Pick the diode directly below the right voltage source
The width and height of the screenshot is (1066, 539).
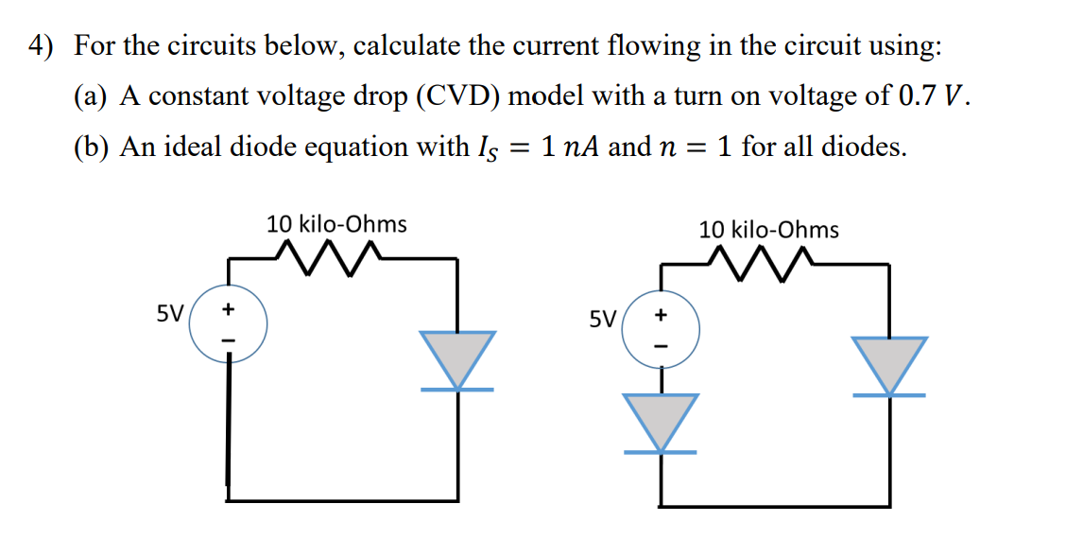click(x=661, y=422)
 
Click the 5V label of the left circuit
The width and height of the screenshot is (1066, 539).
click(x=171, y=312)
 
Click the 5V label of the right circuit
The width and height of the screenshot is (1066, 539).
click(x=603, y=318)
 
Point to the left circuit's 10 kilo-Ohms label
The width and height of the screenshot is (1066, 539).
click(x=336, y=224)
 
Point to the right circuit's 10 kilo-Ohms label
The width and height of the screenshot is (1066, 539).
click(x=768, y=229)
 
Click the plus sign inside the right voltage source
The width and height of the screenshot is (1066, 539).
click(x=661, y=314)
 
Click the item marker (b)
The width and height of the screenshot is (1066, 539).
click(x=92, y=148)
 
